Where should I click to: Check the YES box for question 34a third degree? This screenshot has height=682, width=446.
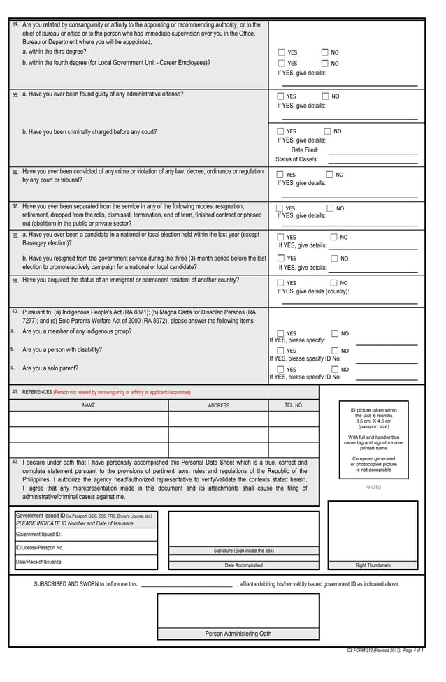click(x=281, y=52)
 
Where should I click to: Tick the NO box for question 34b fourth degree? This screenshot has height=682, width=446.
click(x=325, y=63)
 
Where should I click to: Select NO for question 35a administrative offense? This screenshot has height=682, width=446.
click(x=326, y=96)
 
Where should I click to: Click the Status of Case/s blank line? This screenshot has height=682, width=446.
click(x=373, y=160)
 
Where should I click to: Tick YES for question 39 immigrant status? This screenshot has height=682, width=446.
click(x=281, y=283)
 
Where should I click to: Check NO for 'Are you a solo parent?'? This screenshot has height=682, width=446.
click(x=335, y=369)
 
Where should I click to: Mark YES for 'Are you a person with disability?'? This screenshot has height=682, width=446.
click(x=281, y=351)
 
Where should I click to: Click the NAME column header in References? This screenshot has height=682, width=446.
click(x=89, y=405)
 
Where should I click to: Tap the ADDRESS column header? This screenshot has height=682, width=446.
click(x=218, y=405)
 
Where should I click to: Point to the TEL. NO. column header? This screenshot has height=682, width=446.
click(x=294, y=405)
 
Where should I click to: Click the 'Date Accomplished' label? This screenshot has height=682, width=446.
click(x=243, y=565)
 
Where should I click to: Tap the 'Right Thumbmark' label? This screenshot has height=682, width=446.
click(x=373, y=565)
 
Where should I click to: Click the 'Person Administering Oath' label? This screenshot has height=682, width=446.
click(x=238, y=634)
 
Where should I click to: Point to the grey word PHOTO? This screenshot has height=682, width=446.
click(x=373, y=487)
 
